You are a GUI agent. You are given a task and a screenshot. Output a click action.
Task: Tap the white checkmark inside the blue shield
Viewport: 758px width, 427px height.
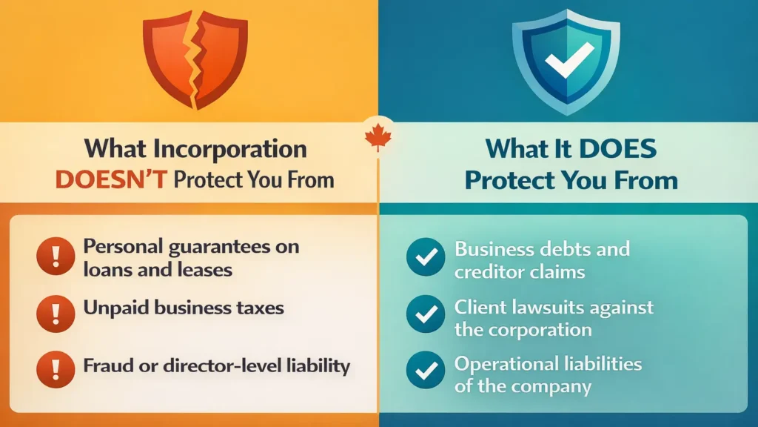568,59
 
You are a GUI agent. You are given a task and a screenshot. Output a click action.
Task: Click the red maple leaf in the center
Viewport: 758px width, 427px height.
378,138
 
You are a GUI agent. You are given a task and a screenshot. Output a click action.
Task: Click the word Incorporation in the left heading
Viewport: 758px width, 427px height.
236,148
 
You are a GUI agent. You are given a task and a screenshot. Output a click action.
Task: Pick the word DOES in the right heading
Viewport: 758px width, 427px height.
618,148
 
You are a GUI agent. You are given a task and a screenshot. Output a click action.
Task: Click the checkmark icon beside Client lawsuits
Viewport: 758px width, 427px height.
426,314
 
